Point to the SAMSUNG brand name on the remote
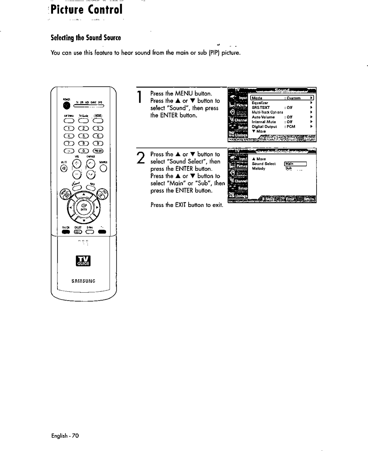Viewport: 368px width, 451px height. (x=84, y=281)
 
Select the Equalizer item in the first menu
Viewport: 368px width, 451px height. (x=260, y=103)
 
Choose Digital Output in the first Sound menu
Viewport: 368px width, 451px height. (x=264, y=126)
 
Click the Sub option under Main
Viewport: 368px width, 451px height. (x=288, y=168)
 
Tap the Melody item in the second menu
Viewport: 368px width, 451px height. (x=259, y=168)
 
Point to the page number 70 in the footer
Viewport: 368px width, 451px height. (x=75, y=435)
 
